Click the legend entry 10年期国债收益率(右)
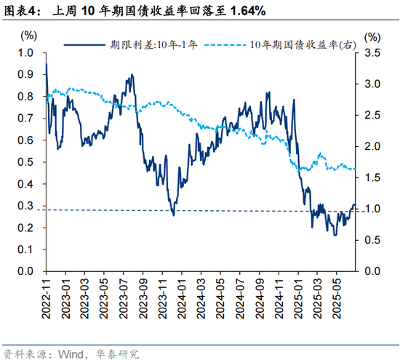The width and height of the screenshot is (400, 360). (291, 44)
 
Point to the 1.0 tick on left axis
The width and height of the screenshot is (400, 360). (25, 53)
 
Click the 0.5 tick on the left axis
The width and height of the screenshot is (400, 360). (25, 162)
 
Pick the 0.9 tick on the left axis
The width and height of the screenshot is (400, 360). (25, 75)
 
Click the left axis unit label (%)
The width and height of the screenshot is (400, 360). (28, 35)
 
